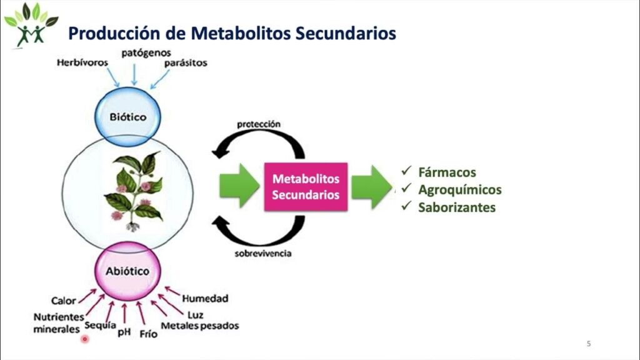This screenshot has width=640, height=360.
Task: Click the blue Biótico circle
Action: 127,116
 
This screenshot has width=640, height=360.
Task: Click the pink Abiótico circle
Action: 127,271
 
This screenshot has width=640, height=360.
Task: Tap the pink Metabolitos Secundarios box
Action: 306,186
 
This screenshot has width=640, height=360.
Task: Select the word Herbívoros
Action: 82,62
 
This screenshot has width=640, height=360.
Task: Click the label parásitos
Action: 186,63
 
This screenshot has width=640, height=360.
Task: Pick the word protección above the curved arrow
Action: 259,124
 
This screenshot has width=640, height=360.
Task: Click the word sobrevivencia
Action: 262,254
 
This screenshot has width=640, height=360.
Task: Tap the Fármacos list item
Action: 447,172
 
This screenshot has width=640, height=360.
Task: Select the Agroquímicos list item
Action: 459,190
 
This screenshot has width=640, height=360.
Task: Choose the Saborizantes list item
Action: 456,207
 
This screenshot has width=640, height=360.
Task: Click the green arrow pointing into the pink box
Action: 239,186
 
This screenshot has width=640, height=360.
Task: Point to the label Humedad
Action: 205,299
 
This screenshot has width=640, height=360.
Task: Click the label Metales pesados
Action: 200,326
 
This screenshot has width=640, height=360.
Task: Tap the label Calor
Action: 64,301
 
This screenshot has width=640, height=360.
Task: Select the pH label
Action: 124,332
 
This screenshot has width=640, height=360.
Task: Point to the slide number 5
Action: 588,343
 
